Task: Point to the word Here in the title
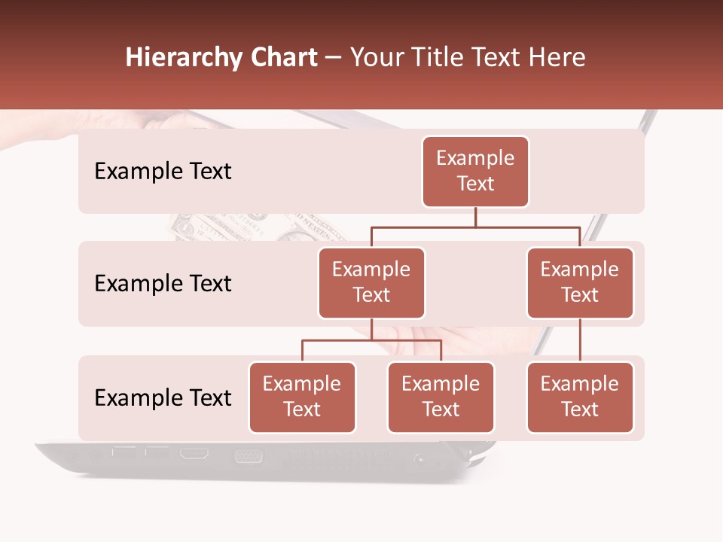tap(557, 58)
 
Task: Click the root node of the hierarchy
tap(475, 172)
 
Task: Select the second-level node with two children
tap(371, 283)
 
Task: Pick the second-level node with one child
tap(580, 283)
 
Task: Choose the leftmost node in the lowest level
tap(302, 397)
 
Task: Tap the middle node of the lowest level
tap(441, 397)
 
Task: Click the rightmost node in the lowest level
tap(580, 397)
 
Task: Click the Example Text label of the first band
tap(163, 172)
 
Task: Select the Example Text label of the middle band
tap(163, 284)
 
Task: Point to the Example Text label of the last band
tap(163, 398)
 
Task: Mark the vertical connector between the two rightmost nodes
tap(580, 340)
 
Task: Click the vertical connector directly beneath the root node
tap(475, 217)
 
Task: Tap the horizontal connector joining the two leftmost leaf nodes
tap(371, 340)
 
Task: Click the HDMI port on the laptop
tap(194, 454)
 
